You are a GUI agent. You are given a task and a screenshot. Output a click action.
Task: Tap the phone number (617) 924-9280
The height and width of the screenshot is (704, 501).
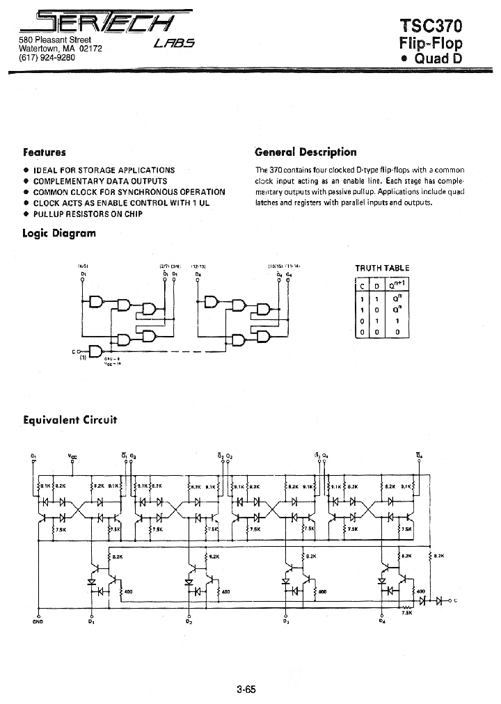[x=47, y=57]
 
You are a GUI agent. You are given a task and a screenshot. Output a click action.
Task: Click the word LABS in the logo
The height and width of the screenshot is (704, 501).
[x=174, y=44]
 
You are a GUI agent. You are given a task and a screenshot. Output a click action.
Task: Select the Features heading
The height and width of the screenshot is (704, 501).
[x=45, y=152]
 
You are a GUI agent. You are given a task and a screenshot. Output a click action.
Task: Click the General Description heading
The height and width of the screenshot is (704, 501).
[x=305, y=152]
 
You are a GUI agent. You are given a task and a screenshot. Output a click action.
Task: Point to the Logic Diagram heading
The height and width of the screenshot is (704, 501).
[x=59, y=233]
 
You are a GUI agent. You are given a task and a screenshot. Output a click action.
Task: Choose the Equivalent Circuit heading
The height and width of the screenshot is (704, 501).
[x=70, y=419]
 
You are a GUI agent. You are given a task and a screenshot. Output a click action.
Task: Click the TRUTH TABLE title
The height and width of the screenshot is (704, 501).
[x=382, y=268]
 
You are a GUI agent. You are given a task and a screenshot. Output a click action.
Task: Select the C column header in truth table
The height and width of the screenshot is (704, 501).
[x=363, y=286]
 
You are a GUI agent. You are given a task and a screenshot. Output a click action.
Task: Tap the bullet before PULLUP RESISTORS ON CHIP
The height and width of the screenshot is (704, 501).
[x=26, y=214]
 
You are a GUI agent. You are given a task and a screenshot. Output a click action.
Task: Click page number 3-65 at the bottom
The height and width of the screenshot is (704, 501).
[x=246, y=690]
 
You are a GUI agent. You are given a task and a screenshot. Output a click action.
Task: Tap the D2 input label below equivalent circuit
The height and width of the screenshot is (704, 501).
[x=189, y=621]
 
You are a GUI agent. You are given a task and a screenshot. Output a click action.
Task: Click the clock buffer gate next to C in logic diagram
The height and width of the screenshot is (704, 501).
[x=96, y=350]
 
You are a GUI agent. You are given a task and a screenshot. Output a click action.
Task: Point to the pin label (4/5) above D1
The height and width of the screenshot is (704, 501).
[x=83, y=266]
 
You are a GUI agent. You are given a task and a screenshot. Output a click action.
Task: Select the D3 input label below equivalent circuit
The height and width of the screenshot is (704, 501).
[x=286, y=621]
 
